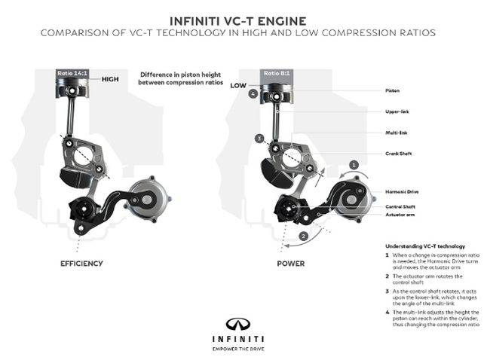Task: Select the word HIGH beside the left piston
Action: point(111,78)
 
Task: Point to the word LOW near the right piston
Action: point(239,85)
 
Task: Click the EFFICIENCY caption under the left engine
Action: point(81,264)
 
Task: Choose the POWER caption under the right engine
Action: point(290,264)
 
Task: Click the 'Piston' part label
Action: point(393,90)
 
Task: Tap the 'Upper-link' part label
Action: point(397,111)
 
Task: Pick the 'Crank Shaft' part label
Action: point(398,154)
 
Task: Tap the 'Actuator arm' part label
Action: point(399,214)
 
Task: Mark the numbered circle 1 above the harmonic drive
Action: point(353,163)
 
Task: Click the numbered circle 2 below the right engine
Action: point(303,236)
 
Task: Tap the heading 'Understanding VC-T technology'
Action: point(424,246)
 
